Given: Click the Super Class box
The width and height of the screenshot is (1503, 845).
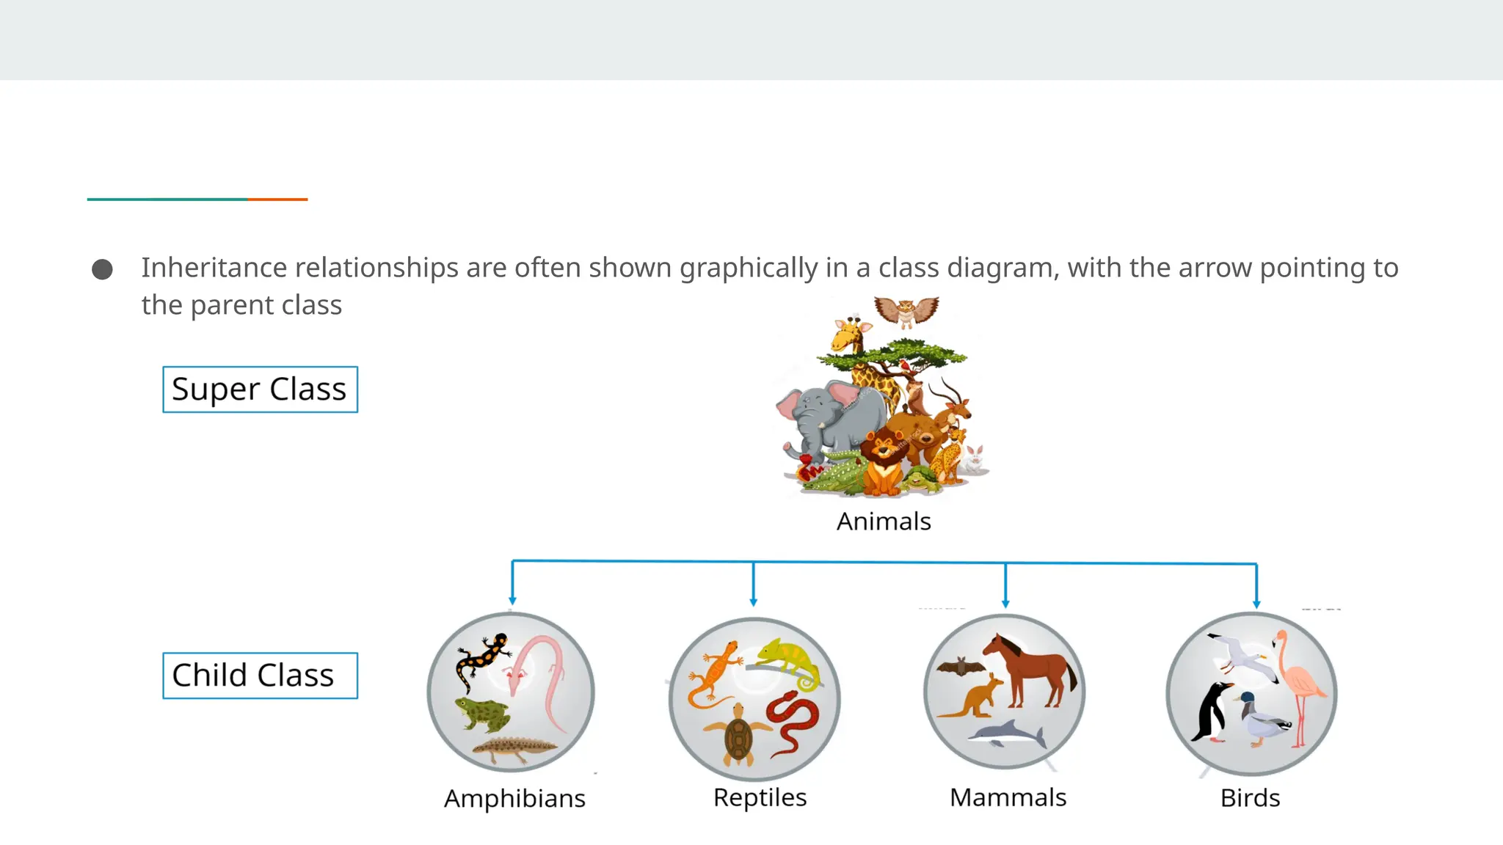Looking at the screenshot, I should coord(260,389).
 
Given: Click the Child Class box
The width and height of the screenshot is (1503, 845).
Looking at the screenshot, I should coord(260,676).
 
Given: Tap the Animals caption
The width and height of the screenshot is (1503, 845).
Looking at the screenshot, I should coord(884,522).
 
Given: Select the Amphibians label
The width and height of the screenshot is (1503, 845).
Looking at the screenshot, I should coord(514,798).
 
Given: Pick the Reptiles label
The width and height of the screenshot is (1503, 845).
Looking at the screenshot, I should coord(760,797).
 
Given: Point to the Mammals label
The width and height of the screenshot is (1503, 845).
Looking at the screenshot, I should coord(1008,797).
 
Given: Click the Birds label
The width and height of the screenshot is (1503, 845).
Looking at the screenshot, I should coord(1250,798).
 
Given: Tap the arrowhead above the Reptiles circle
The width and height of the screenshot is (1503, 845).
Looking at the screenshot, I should coord(754,601).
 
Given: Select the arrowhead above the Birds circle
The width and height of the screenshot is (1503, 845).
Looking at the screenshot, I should coord(1256,604).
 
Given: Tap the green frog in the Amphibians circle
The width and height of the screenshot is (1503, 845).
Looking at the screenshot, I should coord(482,713).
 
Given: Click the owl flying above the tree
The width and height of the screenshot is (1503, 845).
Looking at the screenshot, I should coord(906,311).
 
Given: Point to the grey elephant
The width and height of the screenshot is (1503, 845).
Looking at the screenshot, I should coord(826,418).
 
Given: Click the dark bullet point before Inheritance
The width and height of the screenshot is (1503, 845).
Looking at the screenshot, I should coord(102,269).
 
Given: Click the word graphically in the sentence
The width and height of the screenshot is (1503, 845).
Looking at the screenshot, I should coord(748,268).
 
